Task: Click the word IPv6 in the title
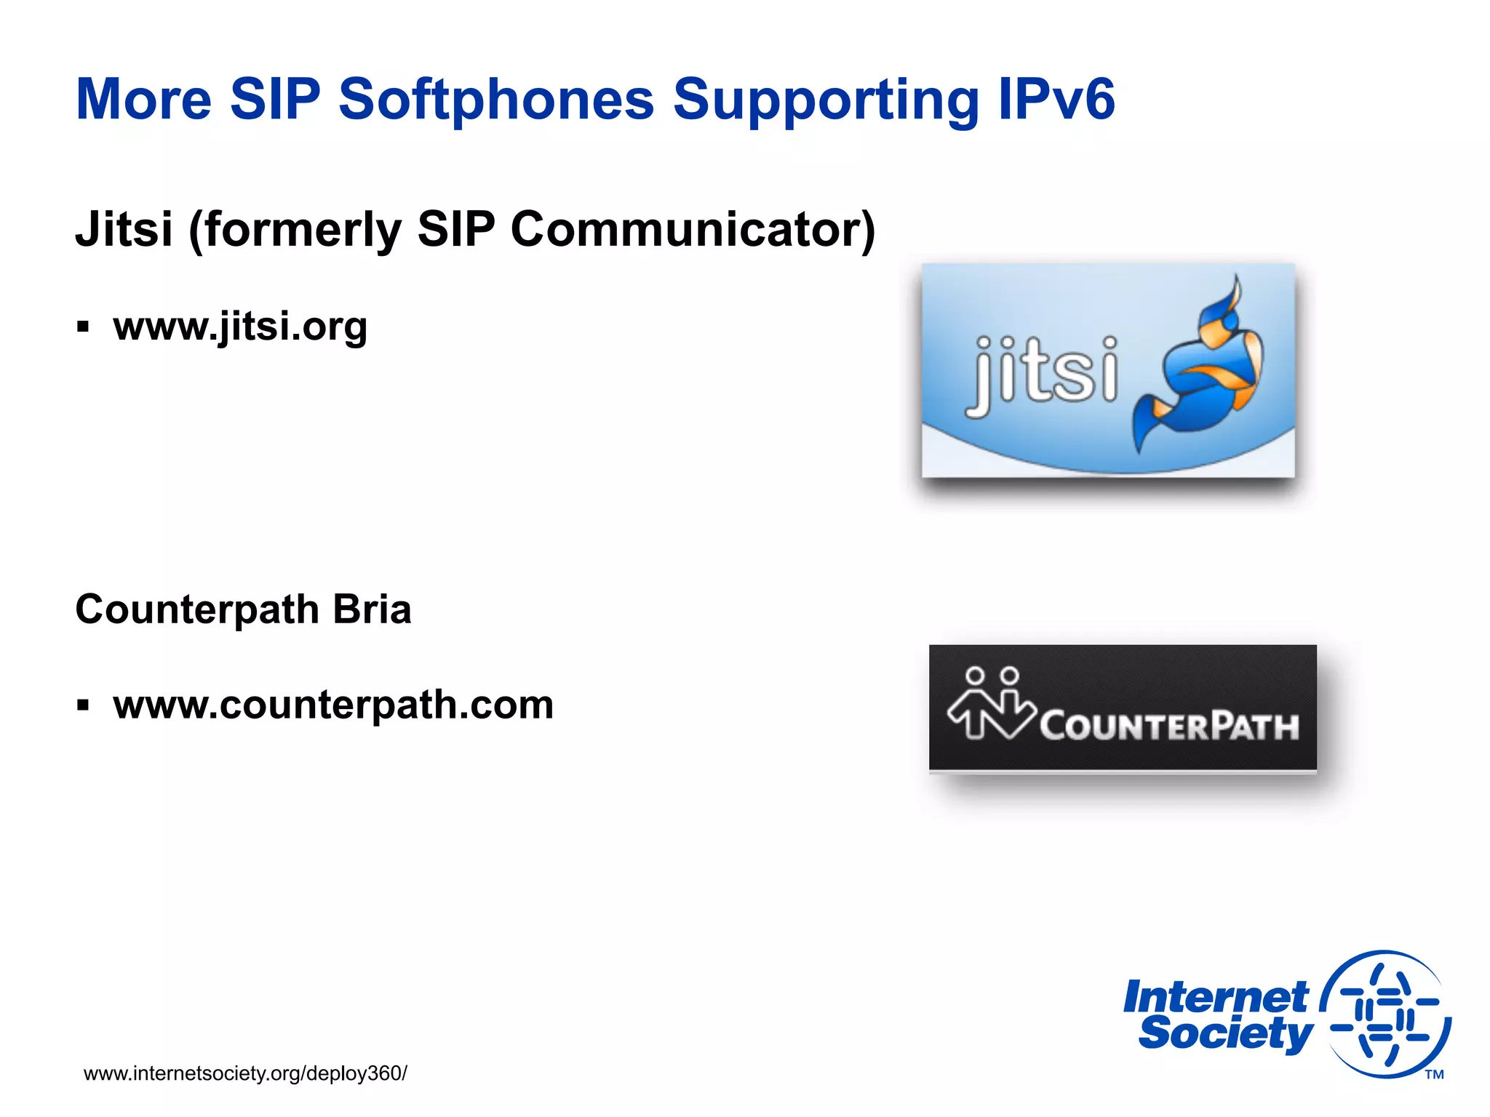point(1056,100)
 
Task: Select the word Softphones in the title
point(496,100)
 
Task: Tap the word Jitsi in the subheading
point(124,230)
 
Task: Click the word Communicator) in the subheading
point(693,230)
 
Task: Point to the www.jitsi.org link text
point(240,327)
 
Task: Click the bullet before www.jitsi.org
point(83,327)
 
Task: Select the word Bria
point(372,609)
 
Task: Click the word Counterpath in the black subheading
point(197,609)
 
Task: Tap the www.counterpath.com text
point(333,705)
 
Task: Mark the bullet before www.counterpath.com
point(83,705)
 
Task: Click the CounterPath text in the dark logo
point(1168,726)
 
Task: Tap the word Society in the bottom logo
point(1226,1033)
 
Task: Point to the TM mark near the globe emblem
point(1434,1075)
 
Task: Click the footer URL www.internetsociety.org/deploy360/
point(245,1073)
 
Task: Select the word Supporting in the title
point(825,100)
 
